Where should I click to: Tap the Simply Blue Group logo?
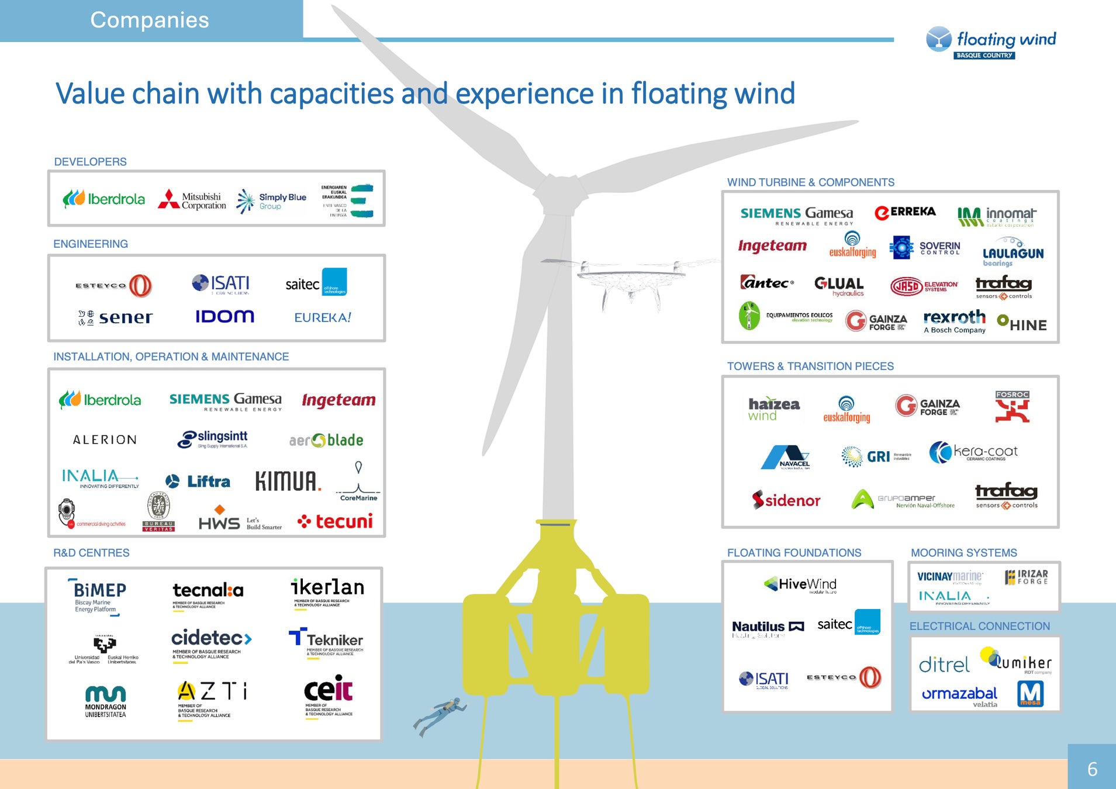click(272, 200)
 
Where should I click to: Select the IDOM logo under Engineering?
click(224, 317)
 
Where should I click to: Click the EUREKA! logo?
click(322, 317)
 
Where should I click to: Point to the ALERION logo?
click(105, 440)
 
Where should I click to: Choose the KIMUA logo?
click(288, 481)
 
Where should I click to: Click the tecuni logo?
click(335, 521)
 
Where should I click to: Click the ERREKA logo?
click(905, 212)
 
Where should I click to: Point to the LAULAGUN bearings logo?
click(1013, 252)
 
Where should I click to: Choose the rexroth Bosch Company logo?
click(955, 321)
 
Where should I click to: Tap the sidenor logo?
click(786, 500)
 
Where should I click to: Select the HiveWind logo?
click(800, 584)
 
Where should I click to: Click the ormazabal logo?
click(959, 695)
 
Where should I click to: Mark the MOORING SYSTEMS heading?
click(963, 553)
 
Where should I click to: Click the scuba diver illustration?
click(440, 715)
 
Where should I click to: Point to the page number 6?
click(1091, 769)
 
